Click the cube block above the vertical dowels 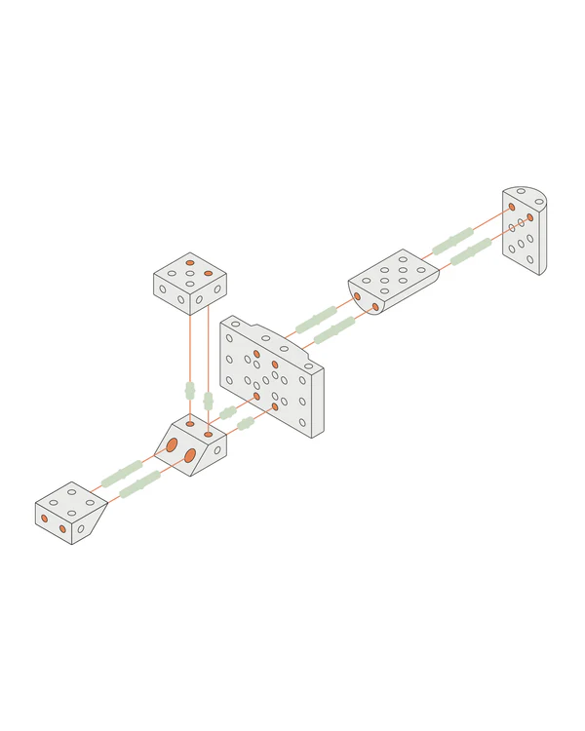tap(190, 281)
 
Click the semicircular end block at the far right tap(526, 232)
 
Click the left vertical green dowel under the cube tap(190, 391)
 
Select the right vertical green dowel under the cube tap(208, 401)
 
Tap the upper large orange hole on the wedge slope tap(172, 444)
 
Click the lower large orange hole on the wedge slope tap(190, 455)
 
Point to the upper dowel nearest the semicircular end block tap(453, 240)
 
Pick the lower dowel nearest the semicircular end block tap(471, 251)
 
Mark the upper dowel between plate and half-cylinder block tap(317, 319)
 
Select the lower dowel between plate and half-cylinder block tap(334, 329)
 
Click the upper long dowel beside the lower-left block tap(121, 475)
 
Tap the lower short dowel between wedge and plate tap(246, 423)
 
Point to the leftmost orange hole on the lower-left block tap(45, 519)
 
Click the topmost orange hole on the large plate tap(256, 354)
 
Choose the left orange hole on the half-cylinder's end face tap(357, 296)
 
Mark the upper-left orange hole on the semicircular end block tap(511, 207)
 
